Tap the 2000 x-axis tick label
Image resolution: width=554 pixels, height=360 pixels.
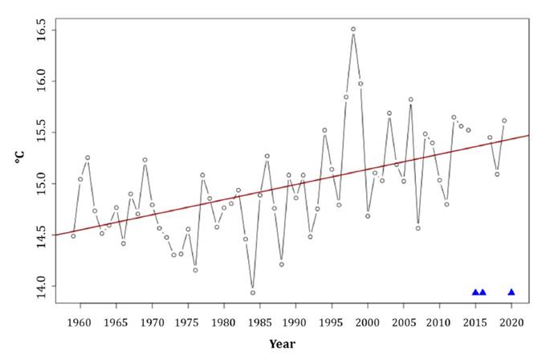(368, 321)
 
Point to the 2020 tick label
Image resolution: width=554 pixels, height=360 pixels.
(511, 321)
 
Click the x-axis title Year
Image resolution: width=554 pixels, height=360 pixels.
(282, 344)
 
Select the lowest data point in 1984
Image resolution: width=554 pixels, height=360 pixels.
(253, 292)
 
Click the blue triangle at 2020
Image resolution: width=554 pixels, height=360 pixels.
(511, 292)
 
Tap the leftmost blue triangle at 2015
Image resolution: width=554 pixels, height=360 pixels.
(475, 292)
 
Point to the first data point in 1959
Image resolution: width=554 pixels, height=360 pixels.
(73, 235)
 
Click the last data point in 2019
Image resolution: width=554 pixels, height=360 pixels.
(504, 121)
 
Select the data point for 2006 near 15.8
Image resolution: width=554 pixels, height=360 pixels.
(411, 100)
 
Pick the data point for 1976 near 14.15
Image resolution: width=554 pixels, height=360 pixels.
(195, 270)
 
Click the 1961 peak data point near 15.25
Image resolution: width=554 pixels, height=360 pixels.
(88, 157)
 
